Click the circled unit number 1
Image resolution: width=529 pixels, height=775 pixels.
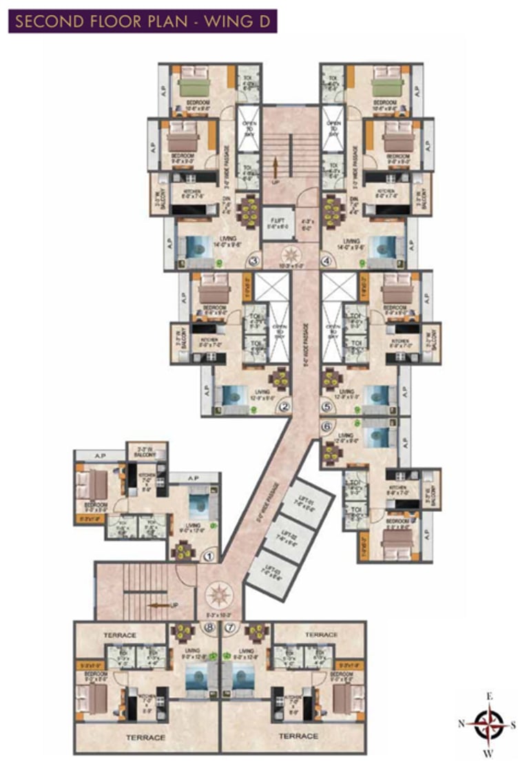coord(209,552)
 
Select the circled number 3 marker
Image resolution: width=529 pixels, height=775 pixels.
coord(254,261)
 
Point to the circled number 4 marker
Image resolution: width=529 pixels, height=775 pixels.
coord(326,261)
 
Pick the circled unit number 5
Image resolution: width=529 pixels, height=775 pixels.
coord(326,406)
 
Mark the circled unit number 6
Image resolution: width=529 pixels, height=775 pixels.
coord(326,426)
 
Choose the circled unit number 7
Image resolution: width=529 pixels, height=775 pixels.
coord(230,628)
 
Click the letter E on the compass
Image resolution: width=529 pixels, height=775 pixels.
coord(490,696)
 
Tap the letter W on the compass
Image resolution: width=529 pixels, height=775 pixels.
coord(490,753)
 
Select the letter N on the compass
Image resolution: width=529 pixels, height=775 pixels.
coord(461,723)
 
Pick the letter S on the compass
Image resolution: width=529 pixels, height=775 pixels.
coord(518,723)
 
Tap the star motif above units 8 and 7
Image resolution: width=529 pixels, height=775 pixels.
coord(220,595)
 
